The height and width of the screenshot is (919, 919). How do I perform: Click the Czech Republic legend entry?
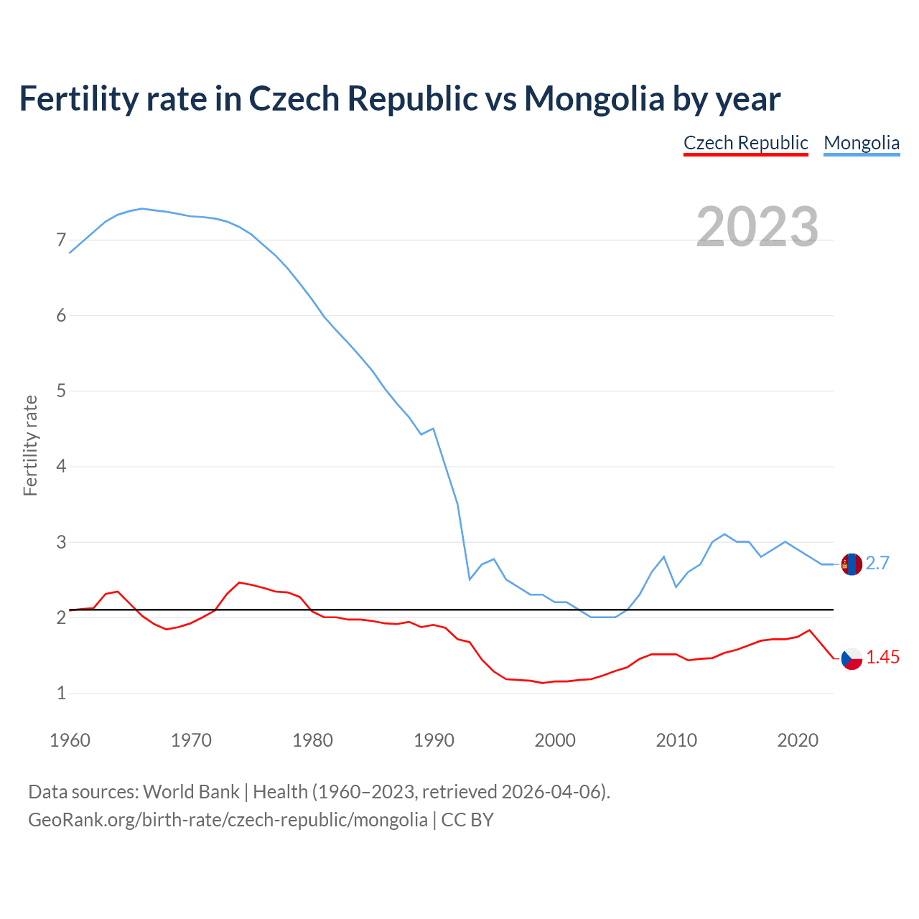pyautogui.click(x=745, y=143)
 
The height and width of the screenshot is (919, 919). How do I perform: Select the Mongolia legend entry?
pyautogui.click(x=861, y=143)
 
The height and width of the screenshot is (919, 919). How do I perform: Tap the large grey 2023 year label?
pyautogui.click(x=757, y=227)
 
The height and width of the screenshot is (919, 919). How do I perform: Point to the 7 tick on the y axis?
pyautogui.click(x=61, y=240)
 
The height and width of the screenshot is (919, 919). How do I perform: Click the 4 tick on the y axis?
pyautogui.click(x=61, y=467)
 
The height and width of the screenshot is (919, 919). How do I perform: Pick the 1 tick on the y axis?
pyautogui.click(x=61, y=694)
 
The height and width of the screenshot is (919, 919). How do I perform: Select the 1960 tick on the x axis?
pyautogui.click(x=70, y=740)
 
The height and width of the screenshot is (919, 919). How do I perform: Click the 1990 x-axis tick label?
pyautogui.click(x=434, y=740)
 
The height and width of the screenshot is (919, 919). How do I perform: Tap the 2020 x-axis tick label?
pyautogui.click(x=798, y=740)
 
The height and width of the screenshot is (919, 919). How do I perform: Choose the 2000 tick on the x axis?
pyautogui.click(x=555, y=740)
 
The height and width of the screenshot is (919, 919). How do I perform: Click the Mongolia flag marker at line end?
pyautogui.click(x=852, y=564)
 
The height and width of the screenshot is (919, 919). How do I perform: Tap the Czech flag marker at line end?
pyautogui.click(x=852, y=658)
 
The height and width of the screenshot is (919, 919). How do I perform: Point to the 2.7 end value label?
pyautogui.click(x=877, y=564)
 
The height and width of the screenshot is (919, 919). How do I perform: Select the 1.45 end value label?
pyautogui.click(x=882, y=658)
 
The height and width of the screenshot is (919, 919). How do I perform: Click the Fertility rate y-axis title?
pyautogui.click(x=30, y=445)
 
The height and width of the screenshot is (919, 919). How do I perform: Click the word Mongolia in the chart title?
pyautogui.click(x=594, y=98)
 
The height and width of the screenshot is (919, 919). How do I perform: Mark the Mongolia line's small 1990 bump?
pyautogui.click(x=433, y=429)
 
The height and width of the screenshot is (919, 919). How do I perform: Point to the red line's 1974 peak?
pyautogui.click(x=239, y=582)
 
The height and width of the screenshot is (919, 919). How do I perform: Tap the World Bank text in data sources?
pyautogui.click(x=191, y=792)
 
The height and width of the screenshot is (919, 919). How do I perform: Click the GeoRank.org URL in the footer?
pyautogui.click(x=228, y=820)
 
